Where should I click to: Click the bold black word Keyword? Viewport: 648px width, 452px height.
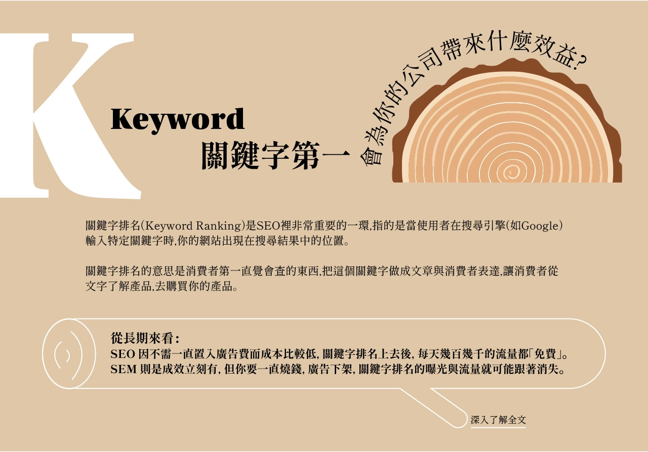(x=178, y=120)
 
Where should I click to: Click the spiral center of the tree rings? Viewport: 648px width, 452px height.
(x=511, y=172)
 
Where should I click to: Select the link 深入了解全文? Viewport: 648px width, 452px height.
(x=498, y=420)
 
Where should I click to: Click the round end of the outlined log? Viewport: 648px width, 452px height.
(x=69, y=354)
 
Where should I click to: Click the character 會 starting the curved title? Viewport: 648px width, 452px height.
(x=372, y=156)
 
